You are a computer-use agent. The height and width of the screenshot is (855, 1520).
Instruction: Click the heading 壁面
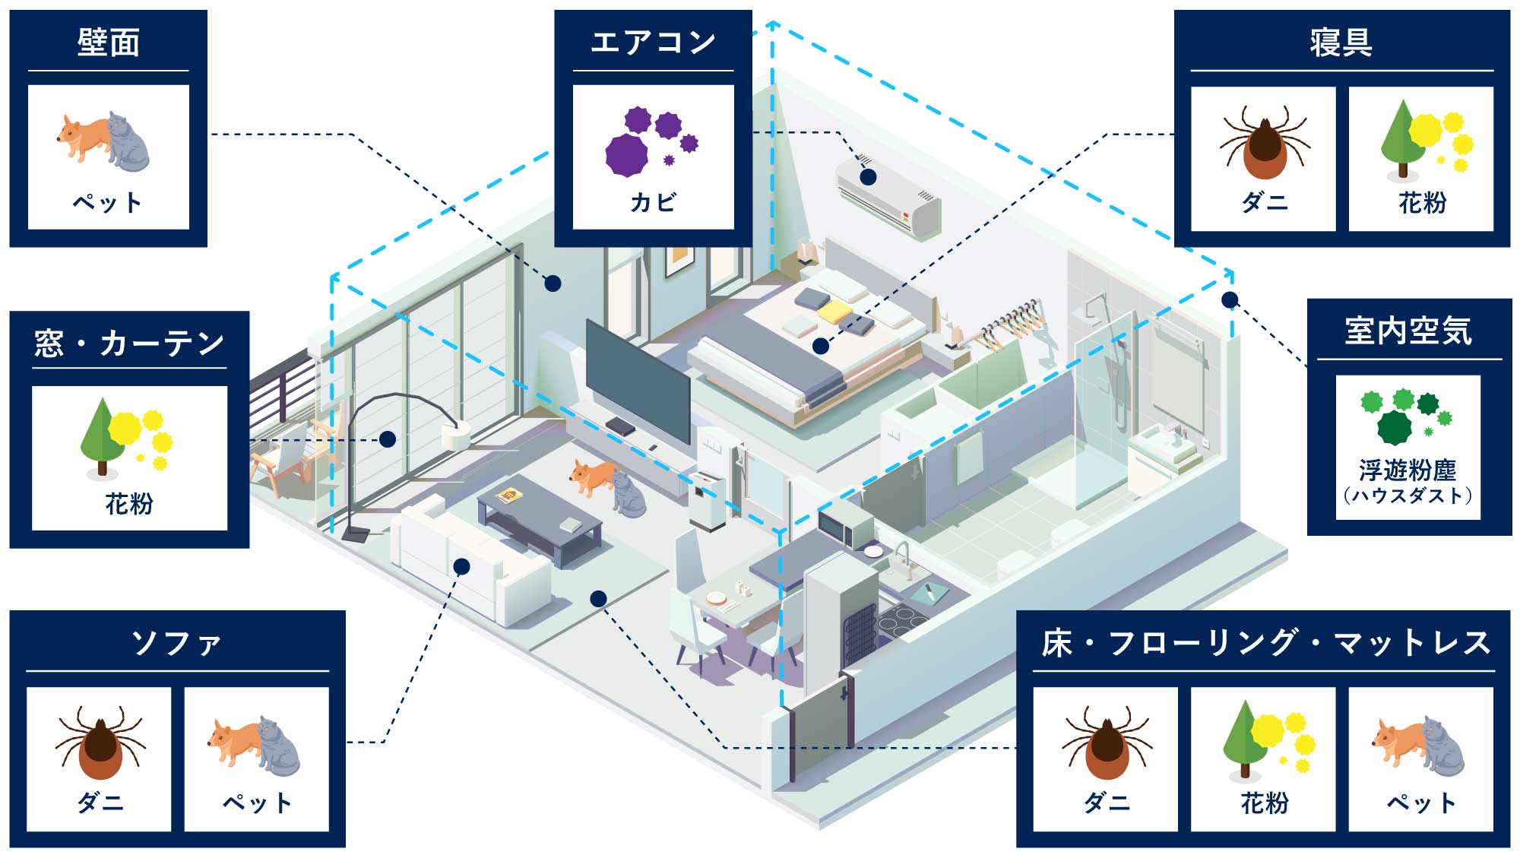pos(109,43)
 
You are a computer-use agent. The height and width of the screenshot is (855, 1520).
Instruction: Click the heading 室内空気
pos(1408,331)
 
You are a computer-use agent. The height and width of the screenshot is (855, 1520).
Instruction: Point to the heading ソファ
pos(177,643)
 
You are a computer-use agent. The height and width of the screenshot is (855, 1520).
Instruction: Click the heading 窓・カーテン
pos(129,344)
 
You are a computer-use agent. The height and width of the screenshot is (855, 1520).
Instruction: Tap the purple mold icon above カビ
pos(651,141)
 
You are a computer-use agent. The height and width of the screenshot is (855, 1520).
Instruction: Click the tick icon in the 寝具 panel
pos(1263,145)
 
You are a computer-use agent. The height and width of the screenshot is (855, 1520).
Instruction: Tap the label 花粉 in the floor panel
pos(1265,803)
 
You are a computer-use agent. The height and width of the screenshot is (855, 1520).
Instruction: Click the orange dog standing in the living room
pos(593,476)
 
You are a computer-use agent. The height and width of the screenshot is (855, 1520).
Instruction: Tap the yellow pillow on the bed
pos(834,311)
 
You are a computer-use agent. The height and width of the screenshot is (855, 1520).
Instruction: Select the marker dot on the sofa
pos(461,566)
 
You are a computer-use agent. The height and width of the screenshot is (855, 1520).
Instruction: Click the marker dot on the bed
pos(820,347)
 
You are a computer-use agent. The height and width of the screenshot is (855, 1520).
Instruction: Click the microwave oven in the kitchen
pos(844,527)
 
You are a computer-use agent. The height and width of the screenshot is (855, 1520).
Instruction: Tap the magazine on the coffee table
pos(510,496)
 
